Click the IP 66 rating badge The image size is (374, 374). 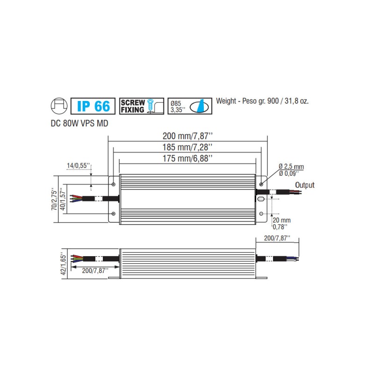(x=92, y=106)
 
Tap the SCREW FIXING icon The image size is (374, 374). (x=141, y=106)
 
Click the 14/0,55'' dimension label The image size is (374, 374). (x=79, y=165)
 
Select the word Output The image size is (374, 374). (x=304, y=185)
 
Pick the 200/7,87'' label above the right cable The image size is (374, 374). (x=276, y=238)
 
